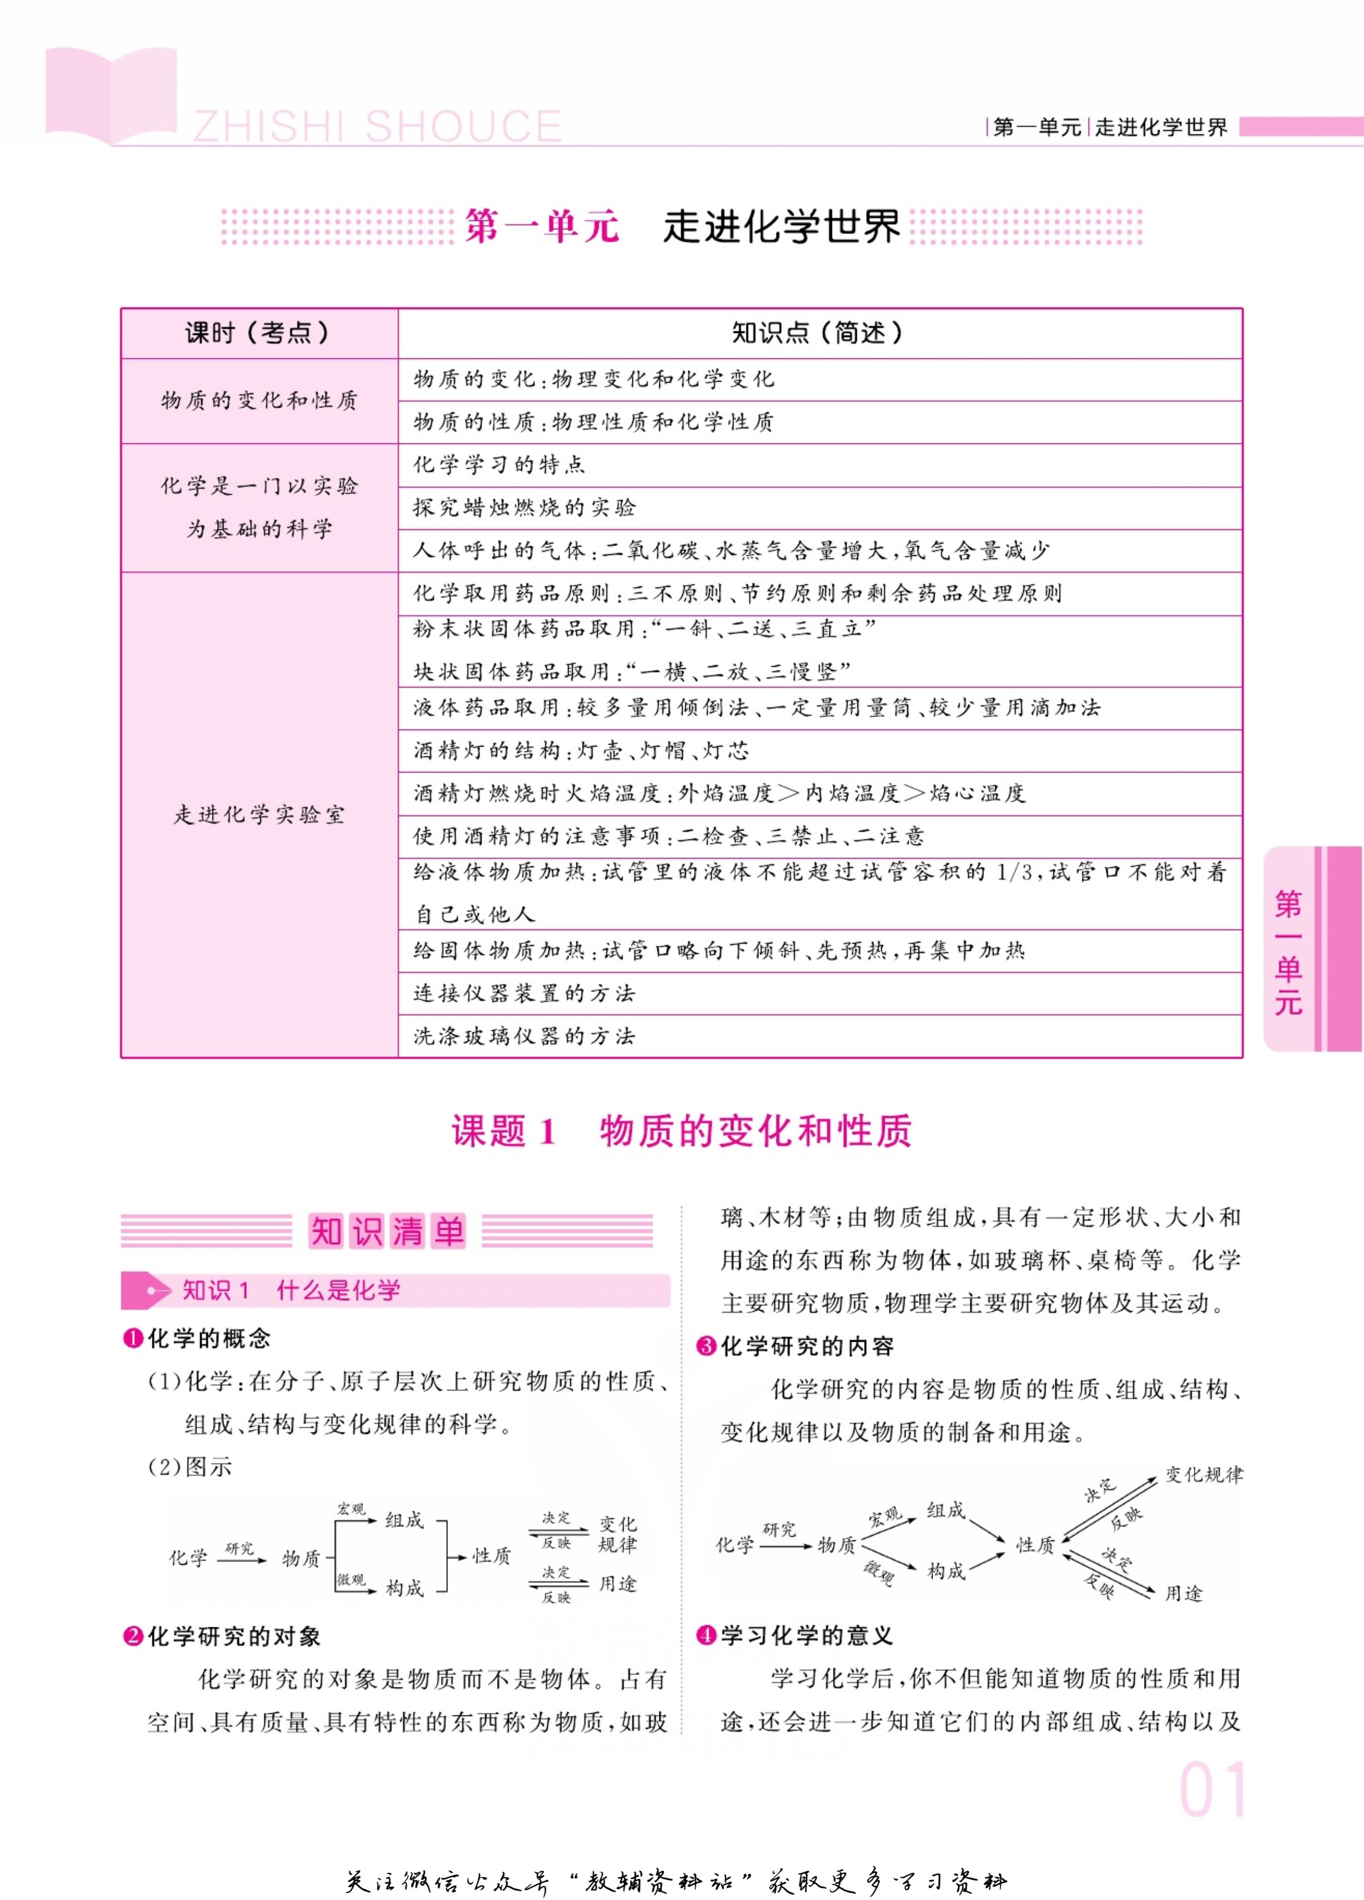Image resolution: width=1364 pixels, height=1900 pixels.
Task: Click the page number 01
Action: pos(1212,1790)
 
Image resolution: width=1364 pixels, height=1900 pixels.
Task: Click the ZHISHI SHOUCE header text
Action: pos(377,127)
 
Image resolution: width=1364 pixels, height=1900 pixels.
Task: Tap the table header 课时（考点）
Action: pos(258,333)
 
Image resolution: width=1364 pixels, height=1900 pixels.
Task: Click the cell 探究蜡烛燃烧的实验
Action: pos(525,508)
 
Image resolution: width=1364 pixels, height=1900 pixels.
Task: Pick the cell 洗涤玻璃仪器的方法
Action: pos(525,1036)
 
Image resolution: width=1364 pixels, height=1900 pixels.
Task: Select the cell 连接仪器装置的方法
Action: pos(525,994)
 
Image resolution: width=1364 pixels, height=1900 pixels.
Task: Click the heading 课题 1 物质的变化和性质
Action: pos(681,1131)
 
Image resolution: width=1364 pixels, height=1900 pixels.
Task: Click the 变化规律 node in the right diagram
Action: pos(1204,1475)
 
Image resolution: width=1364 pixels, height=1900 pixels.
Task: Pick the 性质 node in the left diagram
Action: pos(492,1556)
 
